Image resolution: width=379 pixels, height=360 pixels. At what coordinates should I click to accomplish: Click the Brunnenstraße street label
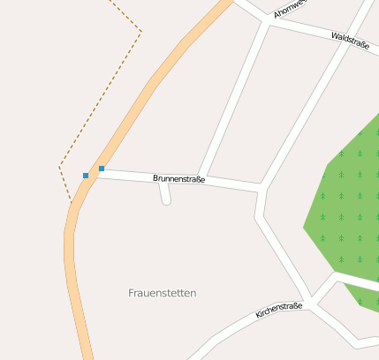click(x=179, y=179)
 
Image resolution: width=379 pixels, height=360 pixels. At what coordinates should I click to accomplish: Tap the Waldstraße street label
click(x=350, y=40)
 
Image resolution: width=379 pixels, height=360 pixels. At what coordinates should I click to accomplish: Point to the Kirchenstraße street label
click(x=279, y=311)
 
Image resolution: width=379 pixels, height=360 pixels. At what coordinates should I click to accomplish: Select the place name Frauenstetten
click(x=162, y=293)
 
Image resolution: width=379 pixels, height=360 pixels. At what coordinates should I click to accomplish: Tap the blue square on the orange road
click(x=86, y=176)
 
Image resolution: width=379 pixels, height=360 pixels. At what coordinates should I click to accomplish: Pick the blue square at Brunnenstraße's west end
click(x=102, y=169)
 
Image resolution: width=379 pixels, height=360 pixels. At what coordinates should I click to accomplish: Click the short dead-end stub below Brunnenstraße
click(x=164, y=191)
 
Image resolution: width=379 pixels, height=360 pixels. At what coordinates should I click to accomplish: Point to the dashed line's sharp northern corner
click(x=140, y=33)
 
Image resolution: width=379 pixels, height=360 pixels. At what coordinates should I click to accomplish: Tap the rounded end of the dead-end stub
click(x=166, y=202)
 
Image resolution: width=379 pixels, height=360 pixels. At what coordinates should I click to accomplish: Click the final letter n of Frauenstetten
click(x=193, y=293)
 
